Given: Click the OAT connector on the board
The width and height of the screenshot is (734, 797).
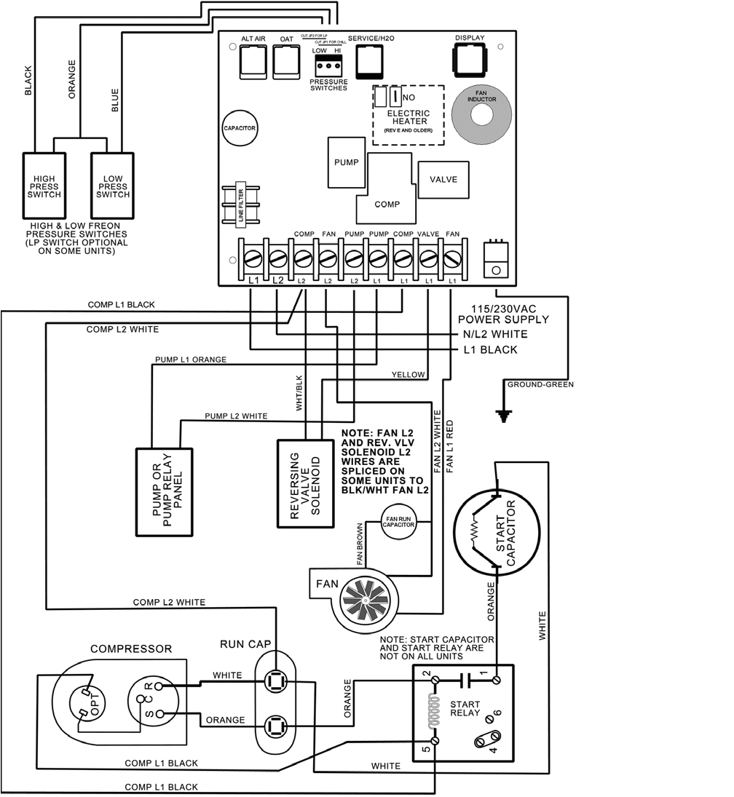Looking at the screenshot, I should coord(286,62).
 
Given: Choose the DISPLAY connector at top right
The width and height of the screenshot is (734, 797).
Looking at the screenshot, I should coord(469,58).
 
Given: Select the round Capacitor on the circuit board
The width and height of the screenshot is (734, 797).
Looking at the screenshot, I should coord(240,127).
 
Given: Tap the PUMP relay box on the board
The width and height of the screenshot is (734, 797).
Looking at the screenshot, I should coord(345,162).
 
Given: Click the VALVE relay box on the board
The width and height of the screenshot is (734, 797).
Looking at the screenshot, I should coord(443,179).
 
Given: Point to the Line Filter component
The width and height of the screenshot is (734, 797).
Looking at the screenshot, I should coord(241,205).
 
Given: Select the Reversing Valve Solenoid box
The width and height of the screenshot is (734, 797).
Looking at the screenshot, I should coord(305,483).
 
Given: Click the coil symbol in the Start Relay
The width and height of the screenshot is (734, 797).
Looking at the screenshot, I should coord(435,710).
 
